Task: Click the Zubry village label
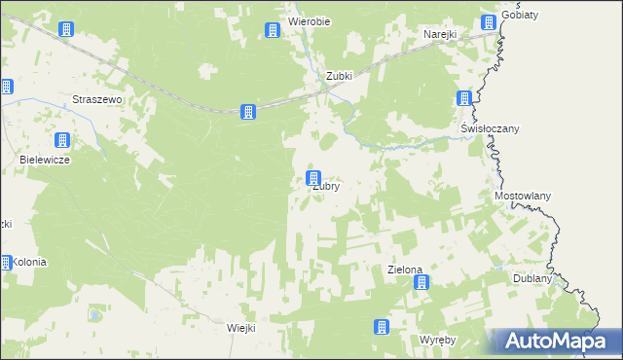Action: pyautogui.click(x=325, y=188)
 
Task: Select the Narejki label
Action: pyautogui.click(x=440, y=34)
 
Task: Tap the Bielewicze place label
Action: pyautogui.click(x=45, y=159)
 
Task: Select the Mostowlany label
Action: pyautogui.click(x=523, y=196)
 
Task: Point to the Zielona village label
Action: pyautogui.click(x=404, y=269)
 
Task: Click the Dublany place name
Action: pyautogui.click(x=532, y=278)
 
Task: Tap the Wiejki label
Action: pyautogui.click(x=240, y=328)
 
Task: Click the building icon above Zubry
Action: pyautogui.click(x=312, y=179)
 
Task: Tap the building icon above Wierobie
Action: pyautogui.click(x=273, y=31)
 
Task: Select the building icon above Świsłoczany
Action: pyautogui.click(x=465, y=99)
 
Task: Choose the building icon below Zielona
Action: pyautogui.click(x=421, y=283)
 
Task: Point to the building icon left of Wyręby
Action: pyautogui.click(x=383, y=327)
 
